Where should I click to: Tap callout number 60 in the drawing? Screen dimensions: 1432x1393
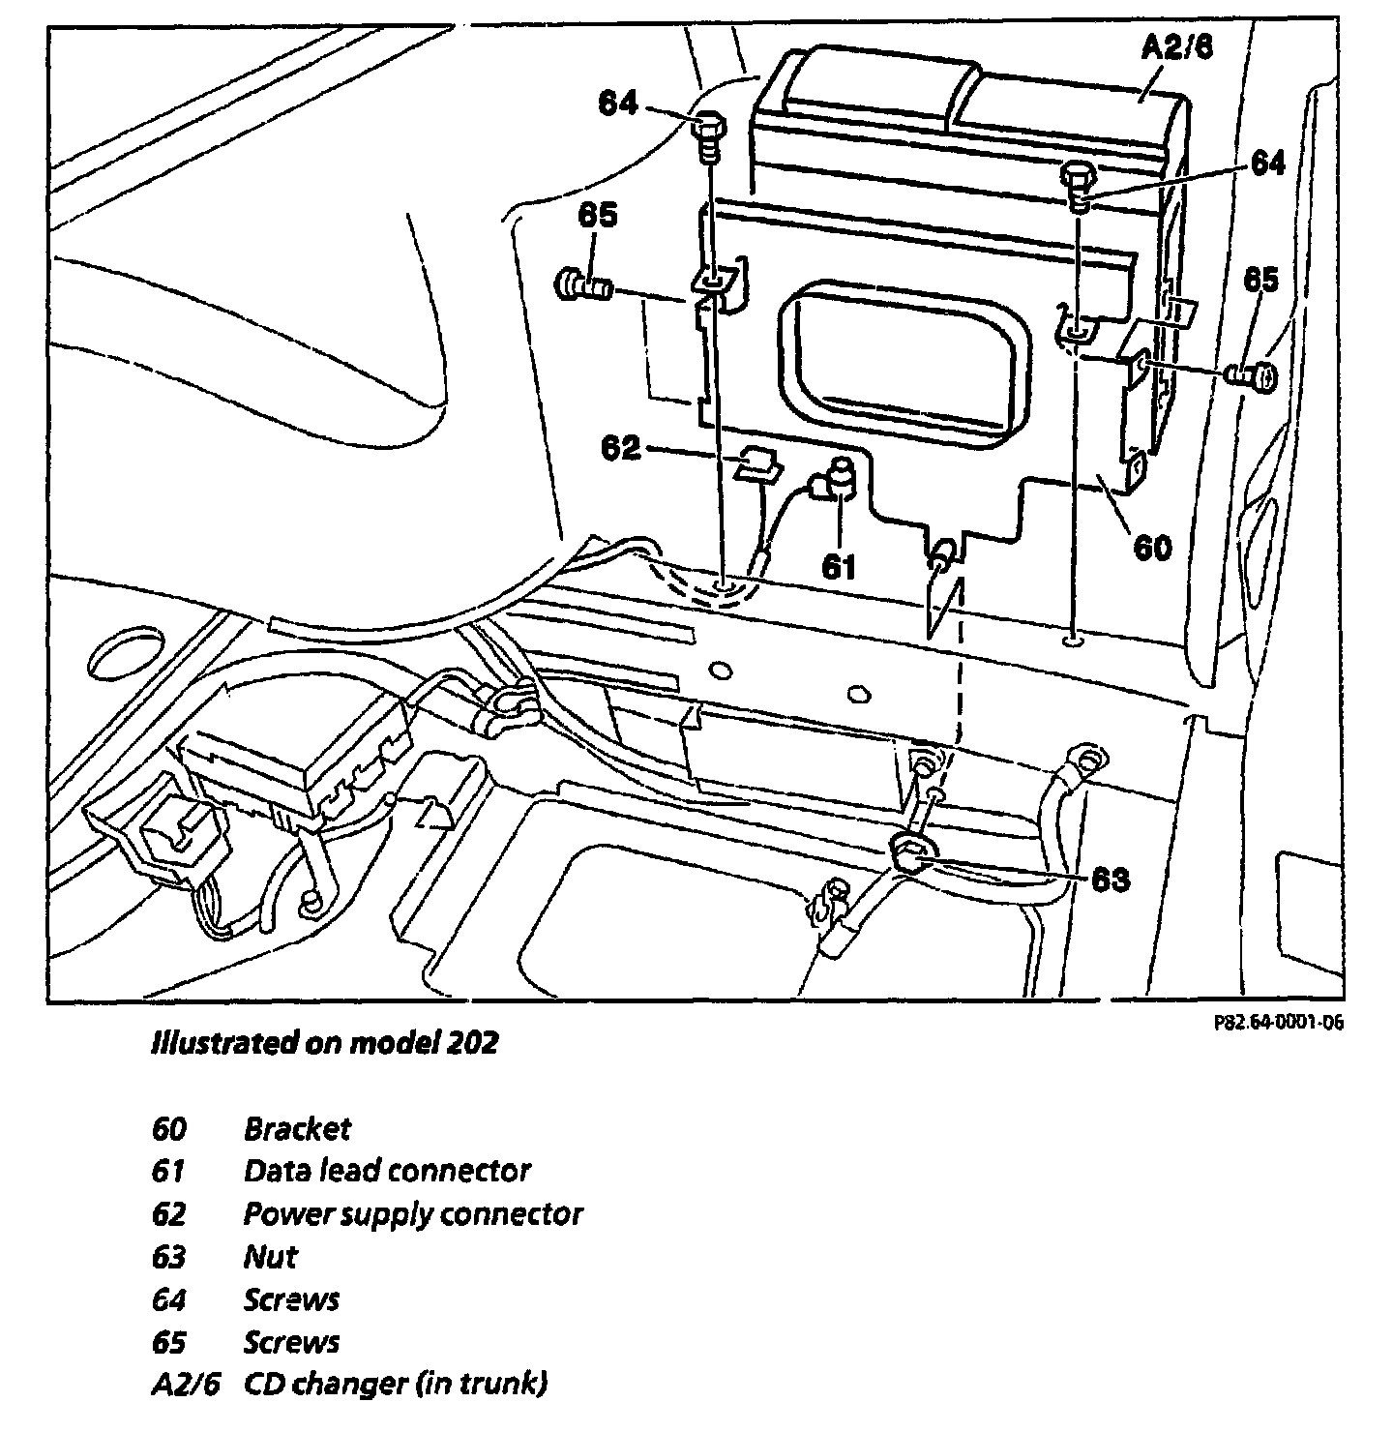(x=1151, y=548)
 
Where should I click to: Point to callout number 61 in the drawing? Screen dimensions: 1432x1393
(x=839, y=565)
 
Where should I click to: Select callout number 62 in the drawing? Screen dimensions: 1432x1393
(x=621, y=448)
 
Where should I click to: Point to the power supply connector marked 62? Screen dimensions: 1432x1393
(x=759, y=463)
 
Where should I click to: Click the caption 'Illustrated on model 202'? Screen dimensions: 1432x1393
(x=324, y=1042)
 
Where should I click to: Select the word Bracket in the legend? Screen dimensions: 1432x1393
(x=297, y=1128)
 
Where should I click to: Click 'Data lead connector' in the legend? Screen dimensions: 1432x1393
(x=386, y=1171)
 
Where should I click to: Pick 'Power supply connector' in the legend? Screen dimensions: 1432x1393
(x=412, y=1213)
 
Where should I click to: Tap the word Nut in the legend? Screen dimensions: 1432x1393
(x=270, y=1257)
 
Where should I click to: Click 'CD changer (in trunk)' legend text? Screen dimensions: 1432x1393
(x=394, y=1384)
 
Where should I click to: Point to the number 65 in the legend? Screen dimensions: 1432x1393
(x=169, y=1342)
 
